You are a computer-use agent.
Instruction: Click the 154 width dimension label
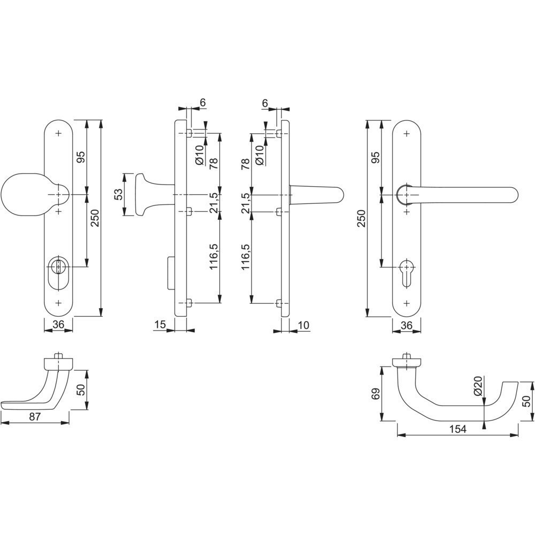[457, 429]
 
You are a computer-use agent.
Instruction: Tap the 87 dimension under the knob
[35, 416]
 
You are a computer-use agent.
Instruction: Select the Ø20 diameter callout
[477, 386]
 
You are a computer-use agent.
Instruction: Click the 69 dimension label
[375, 394]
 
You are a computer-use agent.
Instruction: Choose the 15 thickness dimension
[159, 325]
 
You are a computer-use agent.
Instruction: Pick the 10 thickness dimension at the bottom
[303, 325]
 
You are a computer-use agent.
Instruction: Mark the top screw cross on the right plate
[407, 133]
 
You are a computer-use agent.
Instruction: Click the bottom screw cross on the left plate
[59, 303]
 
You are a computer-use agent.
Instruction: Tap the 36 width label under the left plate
[58, 325]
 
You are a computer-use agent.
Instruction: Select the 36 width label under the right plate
[407, 325]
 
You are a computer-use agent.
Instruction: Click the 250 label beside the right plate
[362, 218]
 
